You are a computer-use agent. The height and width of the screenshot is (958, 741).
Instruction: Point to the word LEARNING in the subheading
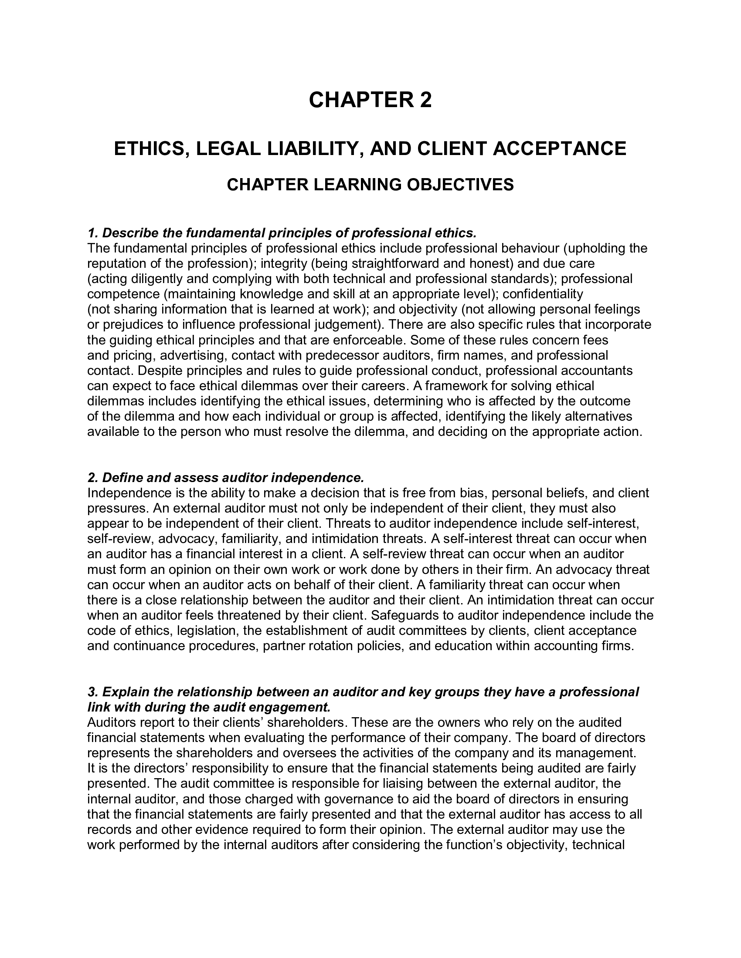[x=363, y=185]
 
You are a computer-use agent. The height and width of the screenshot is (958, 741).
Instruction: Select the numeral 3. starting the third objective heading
[x=92, y=692]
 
